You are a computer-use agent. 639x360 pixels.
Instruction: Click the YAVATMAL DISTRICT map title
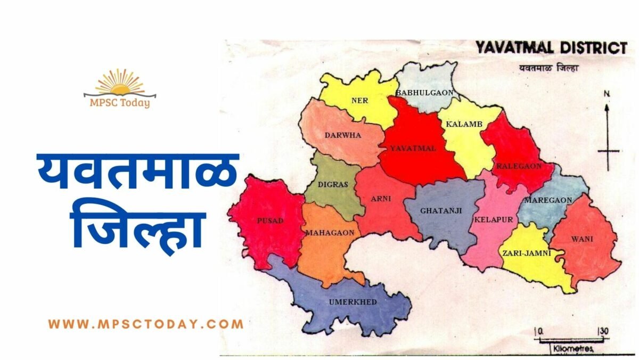point(551,48)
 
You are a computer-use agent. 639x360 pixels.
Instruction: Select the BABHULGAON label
point(424,93)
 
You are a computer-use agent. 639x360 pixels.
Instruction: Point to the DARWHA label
point(342,135)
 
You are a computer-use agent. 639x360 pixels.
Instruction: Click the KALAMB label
point(464,124)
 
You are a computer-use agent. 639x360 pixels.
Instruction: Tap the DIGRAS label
point(333,185)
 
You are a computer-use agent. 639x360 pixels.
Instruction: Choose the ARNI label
point(381,199)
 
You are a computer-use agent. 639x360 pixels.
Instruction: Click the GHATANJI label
point(441,210)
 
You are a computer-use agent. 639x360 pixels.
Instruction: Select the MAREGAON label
point(548,200)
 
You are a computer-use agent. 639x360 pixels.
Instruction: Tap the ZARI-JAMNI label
point(526,253)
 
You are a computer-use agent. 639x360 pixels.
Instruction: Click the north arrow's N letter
point(606,94)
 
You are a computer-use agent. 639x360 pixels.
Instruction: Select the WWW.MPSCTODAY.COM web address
point(145,323)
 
